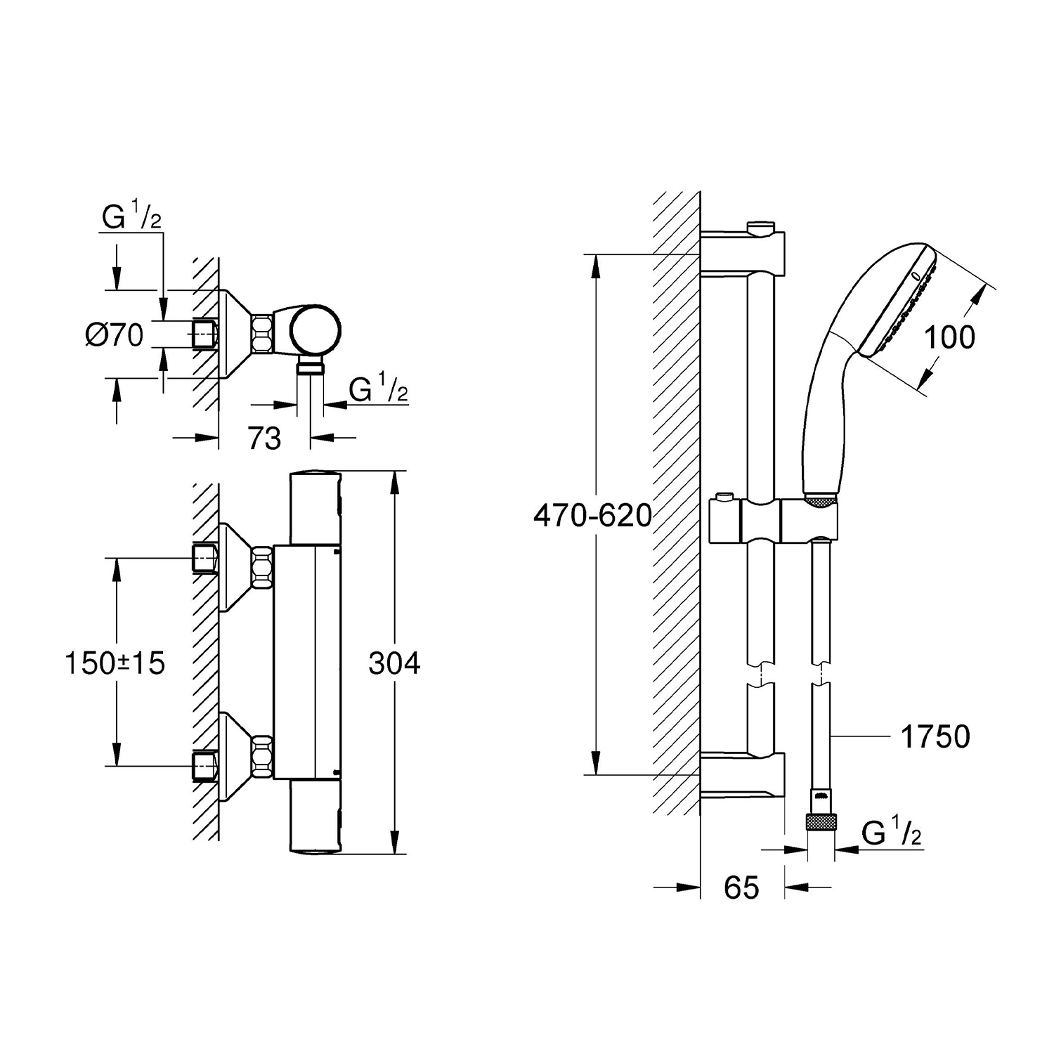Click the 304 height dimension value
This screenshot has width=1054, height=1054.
394,663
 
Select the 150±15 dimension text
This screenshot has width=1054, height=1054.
115,663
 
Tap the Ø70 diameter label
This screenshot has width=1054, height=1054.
114,335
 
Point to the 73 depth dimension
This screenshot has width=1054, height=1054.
264,438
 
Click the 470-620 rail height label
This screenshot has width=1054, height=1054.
593,516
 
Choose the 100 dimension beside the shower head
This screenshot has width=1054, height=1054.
949,338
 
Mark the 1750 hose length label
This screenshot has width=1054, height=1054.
935,737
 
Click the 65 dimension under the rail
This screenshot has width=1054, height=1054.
742,888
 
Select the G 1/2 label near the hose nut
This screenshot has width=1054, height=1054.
892,834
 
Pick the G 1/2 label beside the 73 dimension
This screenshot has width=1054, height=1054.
379,390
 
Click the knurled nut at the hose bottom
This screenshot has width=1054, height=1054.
821,822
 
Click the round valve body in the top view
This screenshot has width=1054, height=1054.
316,330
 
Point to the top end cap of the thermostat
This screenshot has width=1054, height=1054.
315,508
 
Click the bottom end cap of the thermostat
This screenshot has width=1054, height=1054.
315,816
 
